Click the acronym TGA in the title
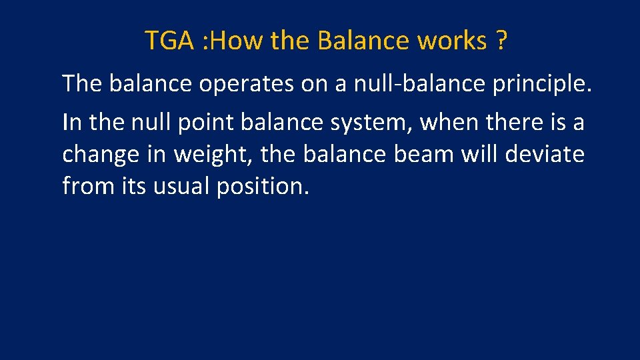(x=169, y=41)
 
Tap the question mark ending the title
(x=501, y=41)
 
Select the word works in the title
(x=452, y=41)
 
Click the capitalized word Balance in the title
(x=364, y=41)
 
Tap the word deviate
(x=545, y=154)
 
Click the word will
(x=482, y=154)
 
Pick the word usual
(x=181, y=186)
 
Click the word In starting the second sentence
(x=71, y=122)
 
